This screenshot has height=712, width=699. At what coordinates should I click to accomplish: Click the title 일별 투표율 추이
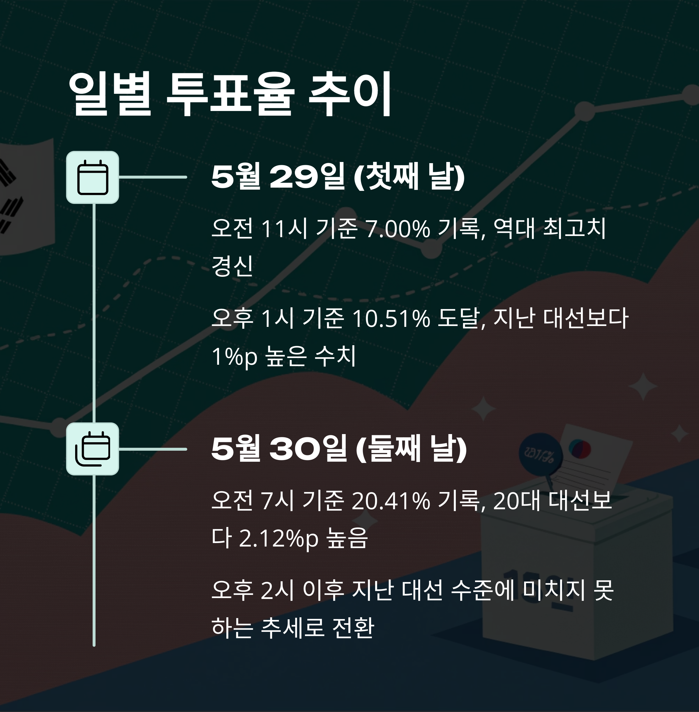point(230,94)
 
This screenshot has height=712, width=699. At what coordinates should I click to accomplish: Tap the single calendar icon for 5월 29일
point(93,177)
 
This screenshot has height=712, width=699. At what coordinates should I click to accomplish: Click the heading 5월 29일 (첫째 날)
point(338,177)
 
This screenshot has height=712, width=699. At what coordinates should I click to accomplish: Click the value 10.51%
point(391,318)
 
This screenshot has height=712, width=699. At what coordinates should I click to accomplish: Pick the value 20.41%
point(391,500)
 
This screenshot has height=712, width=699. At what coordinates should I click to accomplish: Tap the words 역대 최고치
point(549,228)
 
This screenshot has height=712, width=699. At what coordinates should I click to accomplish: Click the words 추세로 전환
point(317,628)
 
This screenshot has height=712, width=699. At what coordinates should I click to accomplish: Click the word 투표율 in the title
point(230,94)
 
